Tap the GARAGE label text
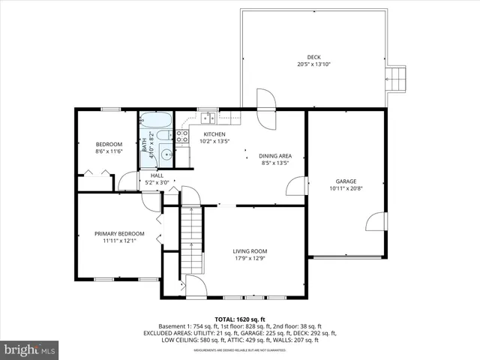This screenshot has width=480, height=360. click(x=346, y=181)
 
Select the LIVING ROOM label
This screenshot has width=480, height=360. click(x=250, y=251)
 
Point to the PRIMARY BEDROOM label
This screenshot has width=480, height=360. click(x=119, y=233)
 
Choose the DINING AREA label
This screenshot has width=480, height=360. click(x=276, y=155)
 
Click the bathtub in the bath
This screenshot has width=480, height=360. click(x=156, y=121)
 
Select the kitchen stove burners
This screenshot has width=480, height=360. click(x=181, y=136)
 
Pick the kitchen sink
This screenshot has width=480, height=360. click(x=207, y=117)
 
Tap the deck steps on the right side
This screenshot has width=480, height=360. click(x=395, y=77)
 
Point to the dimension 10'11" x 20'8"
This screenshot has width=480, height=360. click(x=346, y=189)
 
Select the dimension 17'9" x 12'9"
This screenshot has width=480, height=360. click(x=250, y=259)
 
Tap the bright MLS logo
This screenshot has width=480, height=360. click(x=29, y=349)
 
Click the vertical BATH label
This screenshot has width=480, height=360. click(x=145, y=145)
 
